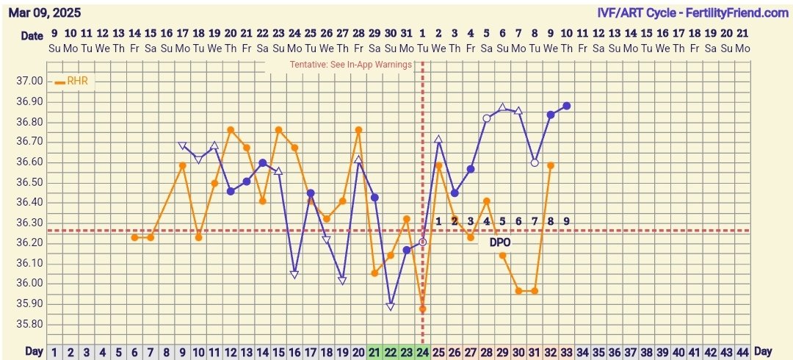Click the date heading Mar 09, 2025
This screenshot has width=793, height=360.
click(x=44, y=12)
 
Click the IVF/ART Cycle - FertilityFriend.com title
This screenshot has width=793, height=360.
click(x=692, y=12)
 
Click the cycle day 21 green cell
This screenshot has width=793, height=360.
click(x=374, y=352)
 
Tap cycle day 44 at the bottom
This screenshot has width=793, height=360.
click(x=742, y=352)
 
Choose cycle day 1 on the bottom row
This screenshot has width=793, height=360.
click(x=54, y=352)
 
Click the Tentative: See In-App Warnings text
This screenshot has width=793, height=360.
click(x=350, y=64)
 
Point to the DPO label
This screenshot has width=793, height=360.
click(x=500, y=242)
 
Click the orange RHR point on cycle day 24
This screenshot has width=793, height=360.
click(x=422, y=309)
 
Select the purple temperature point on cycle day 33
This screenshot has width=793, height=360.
click(x=567, y=106)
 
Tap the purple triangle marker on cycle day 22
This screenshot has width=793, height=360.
click(x=391, y=306)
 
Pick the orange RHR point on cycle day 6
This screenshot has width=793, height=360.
click(x=134, y=237)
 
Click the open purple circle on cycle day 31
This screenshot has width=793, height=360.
click(x=535, y=162)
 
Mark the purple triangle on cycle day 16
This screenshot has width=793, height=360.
click(x=294, y=274)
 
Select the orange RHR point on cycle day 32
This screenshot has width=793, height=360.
click(x=551, y=165)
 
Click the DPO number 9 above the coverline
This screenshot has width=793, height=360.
click(x=567, y=221)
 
